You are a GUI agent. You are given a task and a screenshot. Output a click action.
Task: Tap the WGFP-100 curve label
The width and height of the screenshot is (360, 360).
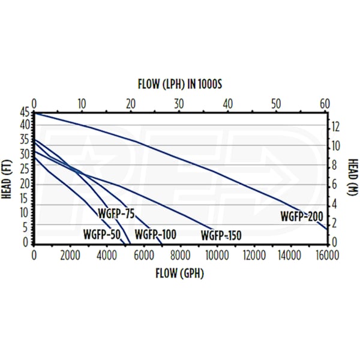(155, 234)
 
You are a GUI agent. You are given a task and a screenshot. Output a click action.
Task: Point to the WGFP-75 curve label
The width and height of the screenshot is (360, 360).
(117, 212)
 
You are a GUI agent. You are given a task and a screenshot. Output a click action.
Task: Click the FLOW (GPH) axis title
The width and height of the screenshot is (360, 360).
(179, 274)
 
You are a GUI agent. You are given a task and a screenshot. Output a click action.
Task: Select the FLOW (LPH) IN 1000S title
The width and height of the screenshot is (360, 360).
(180, 84)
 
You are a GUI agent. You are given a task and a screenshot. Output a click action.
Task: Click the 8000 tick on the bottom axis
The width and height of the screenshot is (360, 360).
(180, 254)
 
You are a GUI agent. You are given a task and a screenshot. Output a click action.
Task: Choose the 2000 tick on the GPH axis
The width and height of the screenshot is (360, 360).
(70, 254)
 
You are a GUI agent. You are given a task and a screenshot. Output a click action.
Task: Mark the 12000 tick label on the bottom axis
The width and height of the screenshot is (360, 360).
(253, 254)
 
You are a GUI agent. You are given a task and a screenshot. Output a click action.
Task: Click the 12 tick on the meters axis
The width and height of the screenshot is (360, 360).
(337, 127)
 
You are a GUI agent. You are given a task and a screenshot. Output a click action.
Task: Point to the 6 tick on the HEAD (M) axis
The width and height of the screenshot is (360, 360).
(337, 184)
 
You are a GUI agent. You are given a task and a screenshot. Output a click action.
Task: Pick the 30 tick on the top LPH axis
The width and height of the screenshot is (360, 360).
(179, 103)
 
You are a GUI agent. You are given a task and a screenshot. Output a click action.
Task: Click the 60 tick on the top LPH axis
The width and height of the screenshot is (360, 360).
(325, 103)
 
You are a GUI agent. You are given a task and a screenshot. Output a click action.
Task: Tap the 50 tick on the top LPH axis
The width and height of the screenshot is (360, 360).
(276, 103)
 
